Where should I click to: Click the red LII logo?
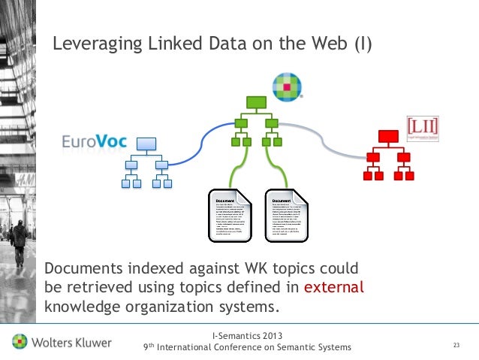coord(422,128)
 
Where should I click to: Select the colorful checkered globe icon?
coord(285,86)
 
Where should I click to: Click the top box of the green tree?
coord(256,104)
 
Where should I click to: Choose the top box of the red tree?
coord(388,136)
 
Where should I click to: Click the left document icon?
coord(233,217)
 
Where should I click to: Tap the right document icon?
coord(290,217)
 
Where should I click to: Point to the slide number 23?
coord(455,345)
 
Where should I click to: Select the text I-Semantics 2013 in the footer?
coord(248,334)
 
